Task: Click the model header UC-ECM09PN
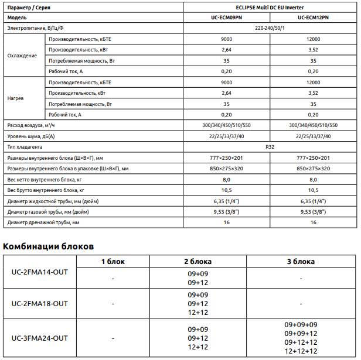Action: point(226,18)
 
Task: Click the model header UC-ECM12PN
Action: point(312,18)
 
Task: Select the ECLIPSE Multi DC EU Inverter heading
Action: point(269,6)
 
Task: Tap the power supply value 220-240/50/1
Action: point(269,28)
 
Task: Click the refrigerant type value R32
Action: point(269,147)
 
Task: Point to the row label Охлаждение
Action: point(22,56)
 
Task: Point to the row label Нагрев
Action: point(16,98)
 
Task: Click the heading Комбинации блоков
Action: point(49,246)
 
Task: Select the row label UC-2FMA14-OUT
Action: point(40,272)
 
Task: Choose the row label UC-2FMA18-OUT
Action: point(40,303)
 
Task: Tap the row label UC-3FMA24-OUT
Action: point(40,338)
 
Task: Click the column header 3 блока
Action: point(301,261)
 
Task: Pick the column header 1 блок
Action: point(113,261)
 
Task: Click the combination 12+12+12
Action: point(301,351)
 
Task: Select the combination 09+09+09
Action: point(301,325)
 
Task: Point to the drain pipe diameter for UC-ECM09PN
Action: point(226,222)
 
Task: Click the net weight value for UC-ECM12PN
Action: point(313,180)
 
